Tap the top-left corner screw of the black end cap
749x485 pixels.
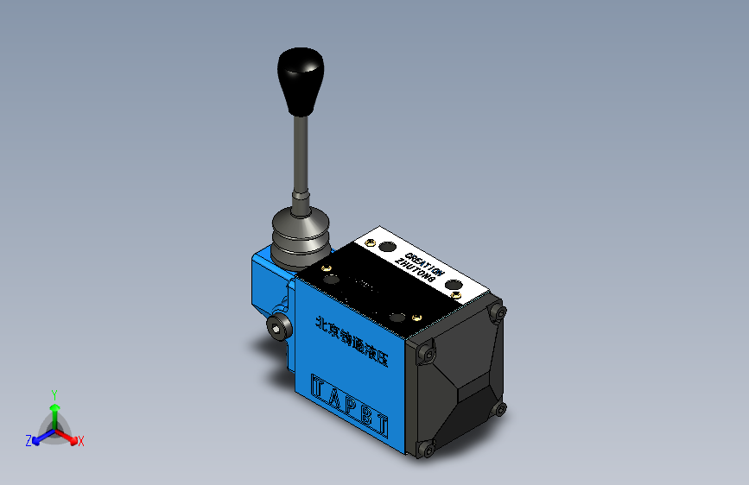(x=425, y=352)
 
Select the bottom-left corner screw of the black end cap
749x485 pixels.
(x=423, y=448)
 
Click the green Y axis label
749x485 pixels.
(x=54, y=394)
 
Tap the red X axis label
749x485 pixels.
(x=80, y=442)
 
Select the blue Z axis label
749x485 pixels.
(x=29, y=441)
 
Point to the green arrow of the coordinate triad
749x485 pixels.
(x=54, y=410)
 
